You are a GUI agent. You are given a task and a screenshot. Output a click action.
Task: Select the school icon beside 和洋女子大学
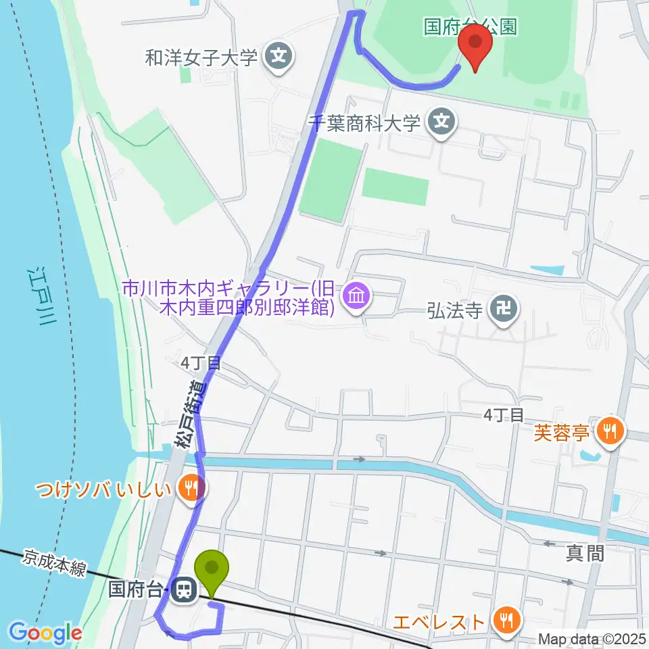point(279,57)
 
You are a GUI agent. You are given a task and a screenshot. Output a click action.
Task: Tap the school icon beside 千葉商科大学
point(442,122)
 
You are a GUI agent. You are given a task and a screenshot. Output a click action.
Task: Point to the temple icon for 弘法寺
point(503,310)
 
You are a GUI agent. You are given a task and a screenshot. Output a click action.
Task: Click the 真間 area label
point(585,554)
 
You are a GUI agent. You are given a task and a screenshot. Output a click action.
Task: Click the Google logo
point(45,632)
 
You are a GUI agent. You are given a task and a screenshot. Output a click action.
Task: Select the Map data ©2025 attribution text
point(591,638)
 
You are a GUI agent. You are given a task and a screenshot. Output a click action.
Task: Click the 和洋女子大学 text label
point(201,57)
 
